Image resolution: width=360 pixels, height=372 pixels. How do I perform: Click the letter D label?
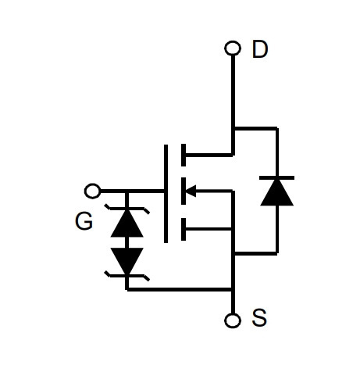coord(260,49)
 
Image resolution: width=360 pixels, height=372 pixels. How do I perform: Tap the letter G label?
coord(84,221)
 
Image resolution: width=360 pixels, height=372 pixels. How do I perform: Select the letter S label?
coord(259,317)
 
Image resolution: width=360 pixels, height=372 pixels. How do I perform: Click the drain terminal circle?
coord(233,48)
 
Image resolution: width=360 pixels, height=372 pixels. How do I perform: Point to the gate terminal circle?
coord(92,191)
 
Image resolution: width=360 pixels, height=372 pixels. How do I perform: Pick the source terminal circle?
coord(233,320)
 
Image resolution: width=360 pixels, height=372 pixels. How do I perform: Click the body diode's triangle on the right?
coord(277,193)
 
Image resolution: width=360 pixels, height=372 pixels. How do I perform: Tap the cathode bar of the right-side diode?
coord(277,178)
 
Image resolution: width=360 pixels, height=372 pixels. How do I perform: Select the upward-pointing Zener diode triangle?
coord(127,224)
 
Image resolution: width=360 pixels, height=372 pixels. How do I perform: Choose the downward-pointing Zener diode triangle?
coord(127,261)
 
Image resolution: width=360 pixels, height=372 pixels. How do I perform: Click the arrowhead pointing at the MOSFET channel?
coord(191,191)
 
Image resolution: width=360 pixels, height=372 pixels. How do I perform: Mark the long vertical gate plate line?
coord(166,194)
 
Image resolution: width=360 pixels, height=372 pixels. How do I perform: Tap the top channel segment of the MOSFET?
coord(184,155)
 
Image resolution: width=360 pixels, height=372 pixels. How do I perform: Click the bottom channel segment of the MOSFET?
coord(184,229)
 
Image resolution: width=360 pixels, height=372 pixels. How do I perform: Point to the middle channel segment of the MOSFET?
coord(184,191)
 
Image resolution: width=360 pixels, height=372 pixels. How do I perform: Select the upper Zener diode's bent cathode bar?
coord(127,209)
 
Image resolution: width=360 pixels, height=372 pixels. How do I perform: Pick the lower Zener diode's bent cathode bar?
coord(127,276)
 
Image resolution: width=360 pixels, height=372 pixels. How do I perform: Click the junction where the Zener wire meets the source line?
coord(233,289)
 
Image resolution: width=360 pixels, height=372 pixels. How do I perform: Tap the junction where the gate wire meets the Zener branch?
coord(127,191)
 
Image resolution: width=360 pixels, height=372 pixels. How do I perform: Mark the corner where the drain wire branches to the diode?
coord(233,128)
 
